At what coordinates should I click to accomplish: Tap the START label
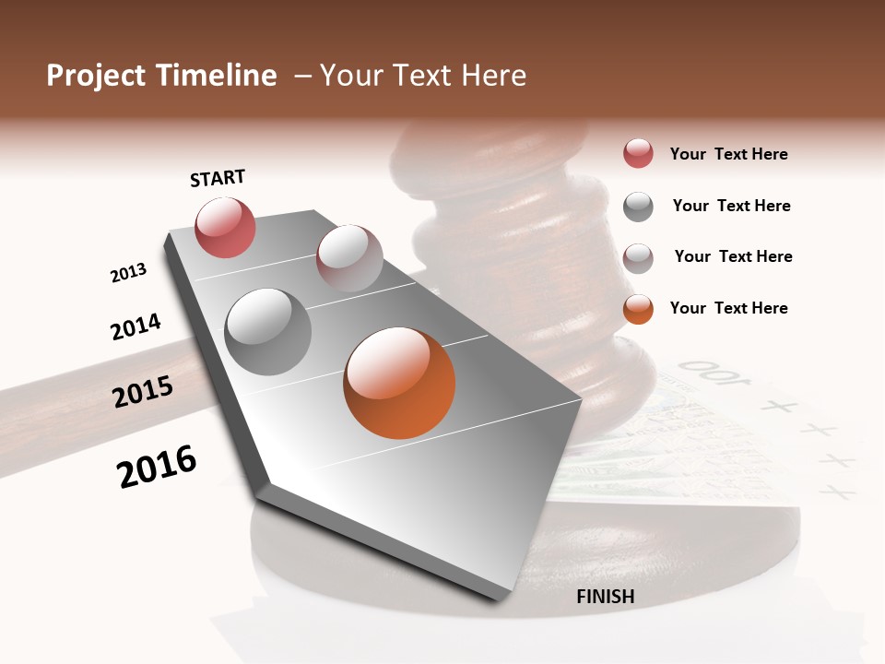click(x=218, y=178)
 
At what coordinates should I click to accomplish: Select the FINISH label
click(x=606, y=597)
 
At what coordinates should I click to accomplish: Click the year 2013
click(x=128, y=273)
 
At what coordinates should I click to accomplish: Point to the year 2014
click(x=136, y=327)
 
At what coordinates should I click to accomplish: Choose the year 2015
click(x=143, y=392)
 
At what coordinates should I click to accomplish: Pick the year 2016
click(x=157, y=466)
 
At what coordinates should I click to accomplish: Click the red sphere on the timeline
click(x=225, y=227)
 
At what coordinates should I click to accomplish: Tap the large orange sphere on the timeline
click(x=399, y=383)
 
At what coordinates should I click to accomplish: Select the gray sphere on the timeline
click(x=268, y=332)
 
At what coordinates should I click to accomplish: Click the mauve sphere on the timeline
click(x=349, y=258)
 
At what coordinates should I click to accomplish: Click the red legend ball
click(x=638, y=153)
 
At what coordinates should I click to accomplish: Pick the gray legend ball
click(x=638, y=206)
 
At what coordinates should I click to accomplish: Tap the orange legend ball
click(x=638, y=308)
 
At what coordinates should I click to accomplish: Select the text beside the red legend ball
click(x=728, y=154)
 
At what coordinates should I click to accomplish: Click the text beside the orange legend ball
click(x=728, y=308)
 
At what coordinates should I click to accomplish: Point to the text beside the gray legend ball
click(x=731, y=206)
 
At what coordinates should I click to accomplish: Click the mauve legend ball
click(x=638, y=257)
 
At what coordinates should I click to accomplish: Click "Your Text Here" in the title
click(x=423, y=76)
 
